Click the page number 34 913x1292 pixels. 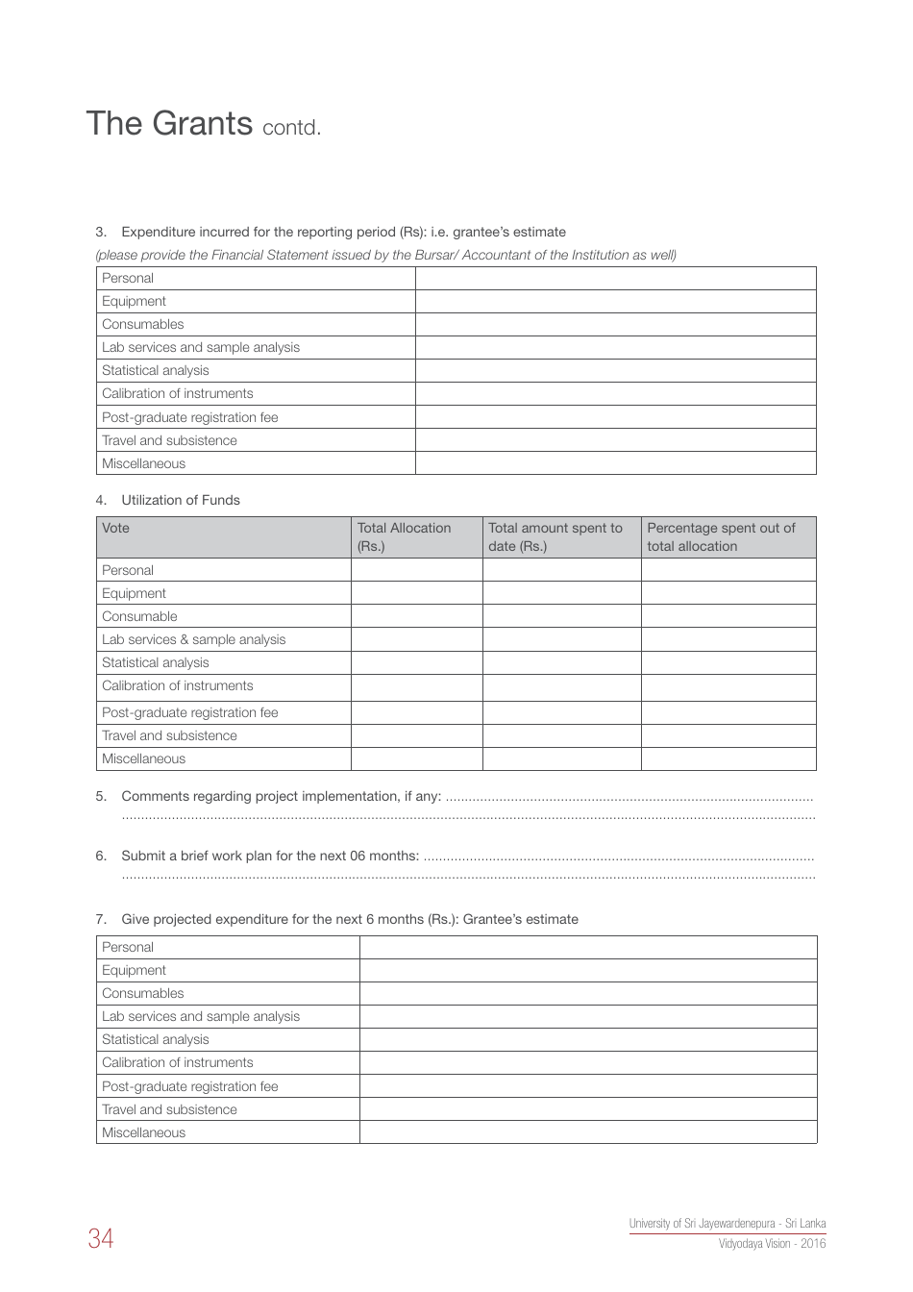(100, 1238)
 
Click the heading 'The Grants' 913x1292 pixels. (169, 123)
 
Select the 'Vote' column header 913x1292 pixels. (115, 528)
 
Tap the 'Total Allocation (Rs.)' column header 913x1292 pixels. (404, 536)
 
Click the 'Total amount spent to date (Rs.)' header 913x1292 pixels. (555, 536)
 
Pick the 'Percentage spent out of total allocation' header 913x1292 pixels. (721, 536)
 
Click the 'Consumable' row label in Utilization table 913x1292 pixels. (139, 616)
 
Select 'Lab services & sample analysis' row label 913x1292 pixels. (193, 639)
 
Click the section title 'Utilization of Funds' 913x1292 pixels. (181, 500)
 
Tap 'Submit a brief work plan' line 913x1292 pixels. (269, 856)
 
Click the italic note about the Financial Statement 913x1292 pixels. (385, 255)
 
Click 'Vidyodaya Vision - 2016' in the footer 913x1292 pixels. (772, 1243)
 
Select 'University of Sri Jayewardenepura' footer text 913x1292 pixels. (727, 1224)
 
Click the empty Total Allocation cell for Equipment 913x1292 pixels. (416, 593)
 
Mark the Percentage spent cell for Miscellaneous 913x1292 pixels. (728, 758)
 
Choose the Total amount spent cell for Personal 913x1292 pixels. (561, 570)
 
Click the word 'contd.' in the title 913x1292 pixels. (291, 128)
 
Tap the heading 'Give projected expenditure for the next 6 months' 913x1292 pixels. (350, 919)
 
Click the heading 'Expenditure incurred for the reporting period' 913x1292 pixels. (343, 232)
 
